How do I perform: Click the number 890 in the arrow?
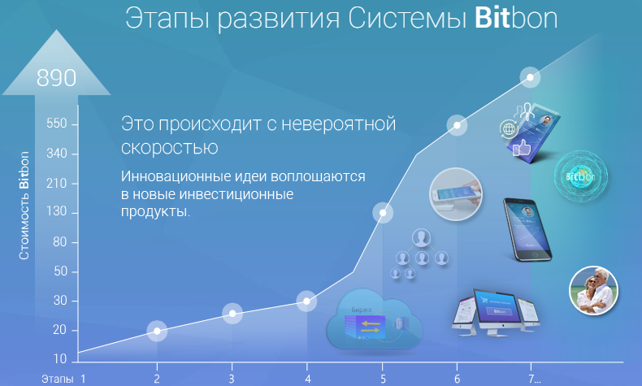(57, 78)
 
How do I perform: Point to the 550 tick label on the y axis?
(57, 124)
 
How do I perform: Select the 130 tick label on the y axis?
(57, 211)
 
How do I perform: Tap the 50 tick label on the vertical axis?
(60, 271)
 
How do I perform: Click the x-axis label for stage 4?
(307, 379)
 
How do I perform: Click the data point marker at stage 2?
(157, 331)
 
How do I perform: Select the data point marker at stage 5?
(383, 213)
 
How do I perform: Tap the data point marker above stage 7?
(530, 77)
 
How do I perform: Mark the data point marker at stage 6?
(457, 125)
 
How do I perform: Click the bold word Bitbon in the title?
(516, 19)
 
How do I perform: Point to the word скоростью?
(169, 148)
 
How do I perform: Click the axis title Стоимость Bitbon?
(24, 206)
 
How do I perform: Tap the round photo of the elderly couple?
(594, 291)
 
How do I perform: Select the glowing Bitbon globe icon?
(580, 176)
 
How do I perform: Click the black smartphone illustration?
(527, 230)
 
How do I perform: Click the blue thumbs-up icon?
(522, 147)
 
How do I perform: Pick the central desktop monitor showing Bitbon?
(497, 311)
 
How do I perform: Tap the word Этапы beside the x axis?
(58, 379)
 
